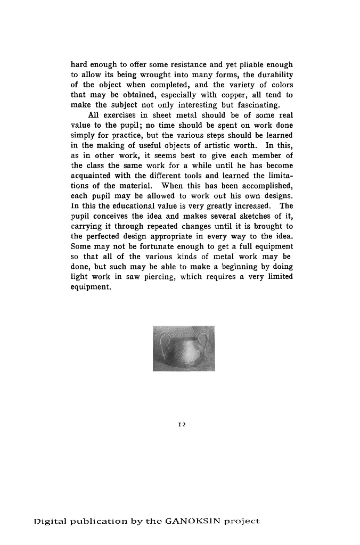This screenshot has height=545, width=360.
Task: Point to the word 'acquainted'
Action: pyautogui.click(x=92, y=176)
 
